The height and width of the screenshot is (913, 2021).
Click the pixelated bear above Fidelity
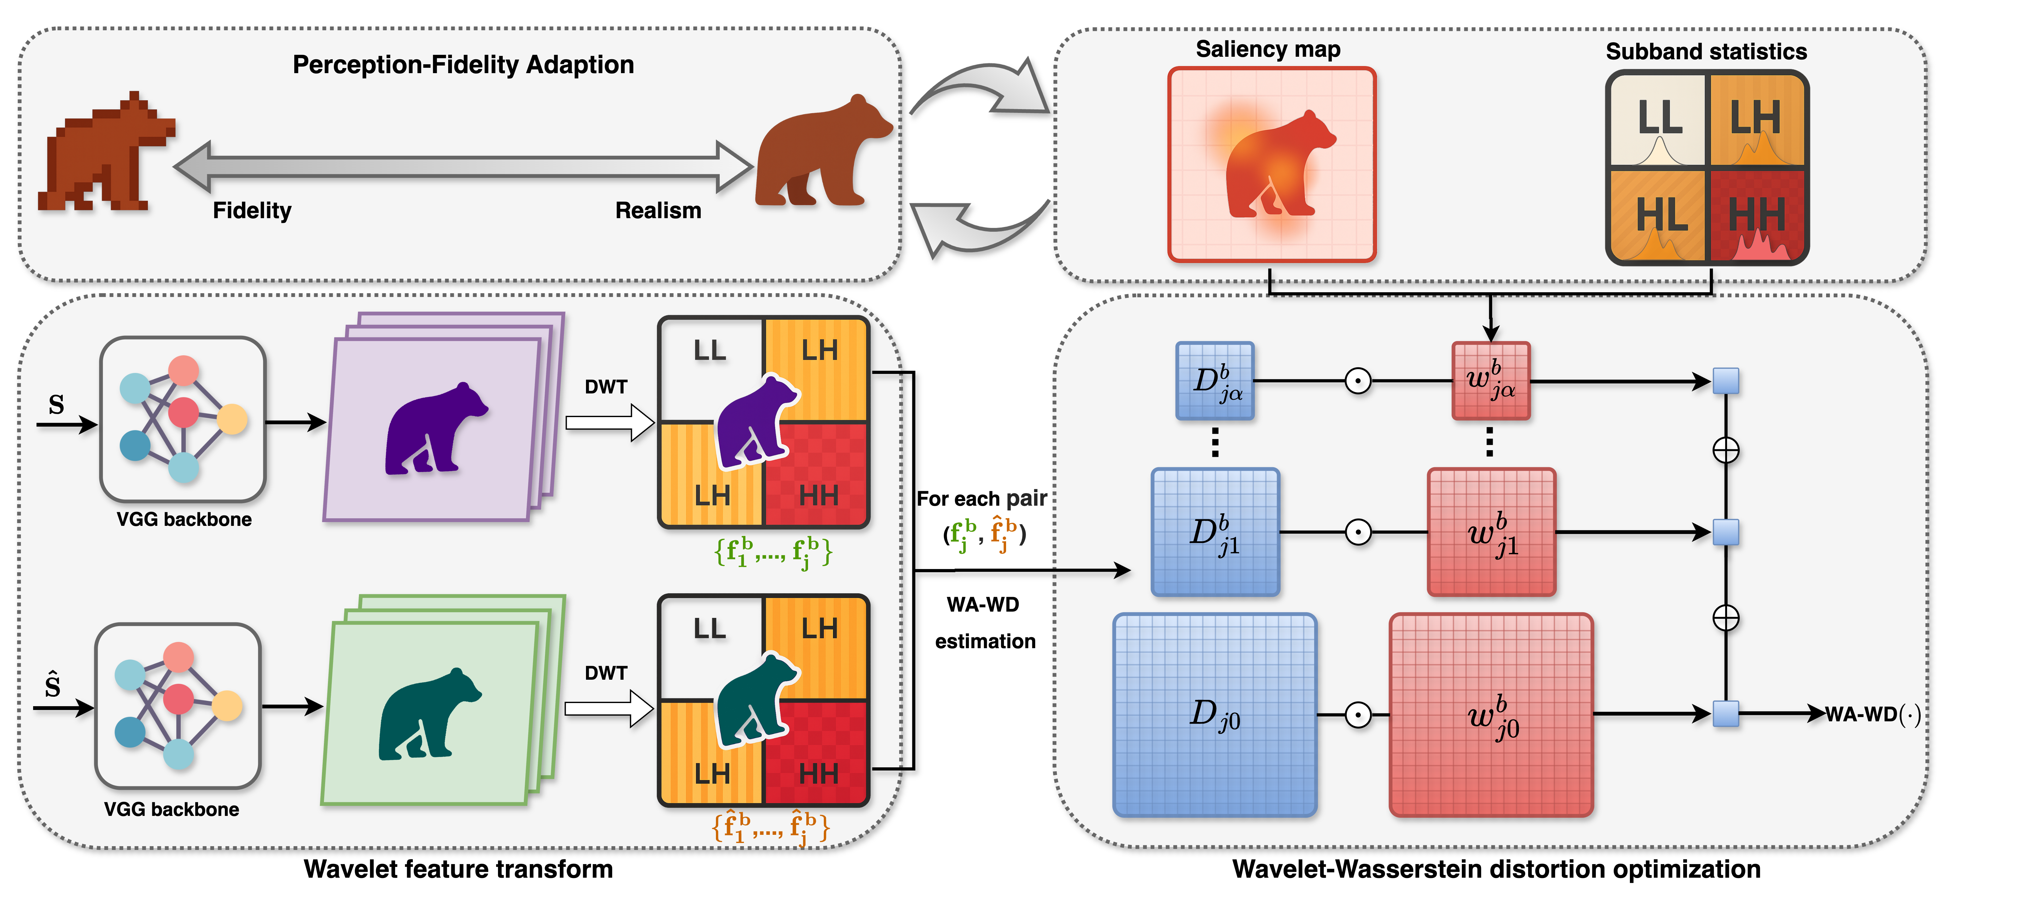pos(106,153)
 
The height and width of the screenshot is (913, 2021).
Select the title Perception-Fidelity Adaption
pos(463,64)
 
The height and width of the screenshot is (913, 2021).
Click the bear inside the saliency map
pos(1279,166)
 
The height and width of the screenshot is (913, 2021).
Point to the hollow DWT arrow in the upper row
pos(610,423)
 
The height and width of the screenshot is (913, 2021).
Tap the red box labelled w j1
pos(1491,532)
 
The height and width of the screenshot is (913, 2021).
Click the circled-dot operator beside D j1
pos(1358,532)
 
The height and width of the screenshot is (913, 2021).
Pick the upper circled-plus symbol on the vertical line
pos(1725,450)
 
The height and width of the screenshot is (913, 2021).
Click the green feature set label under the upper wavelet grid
pos(773,551)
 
